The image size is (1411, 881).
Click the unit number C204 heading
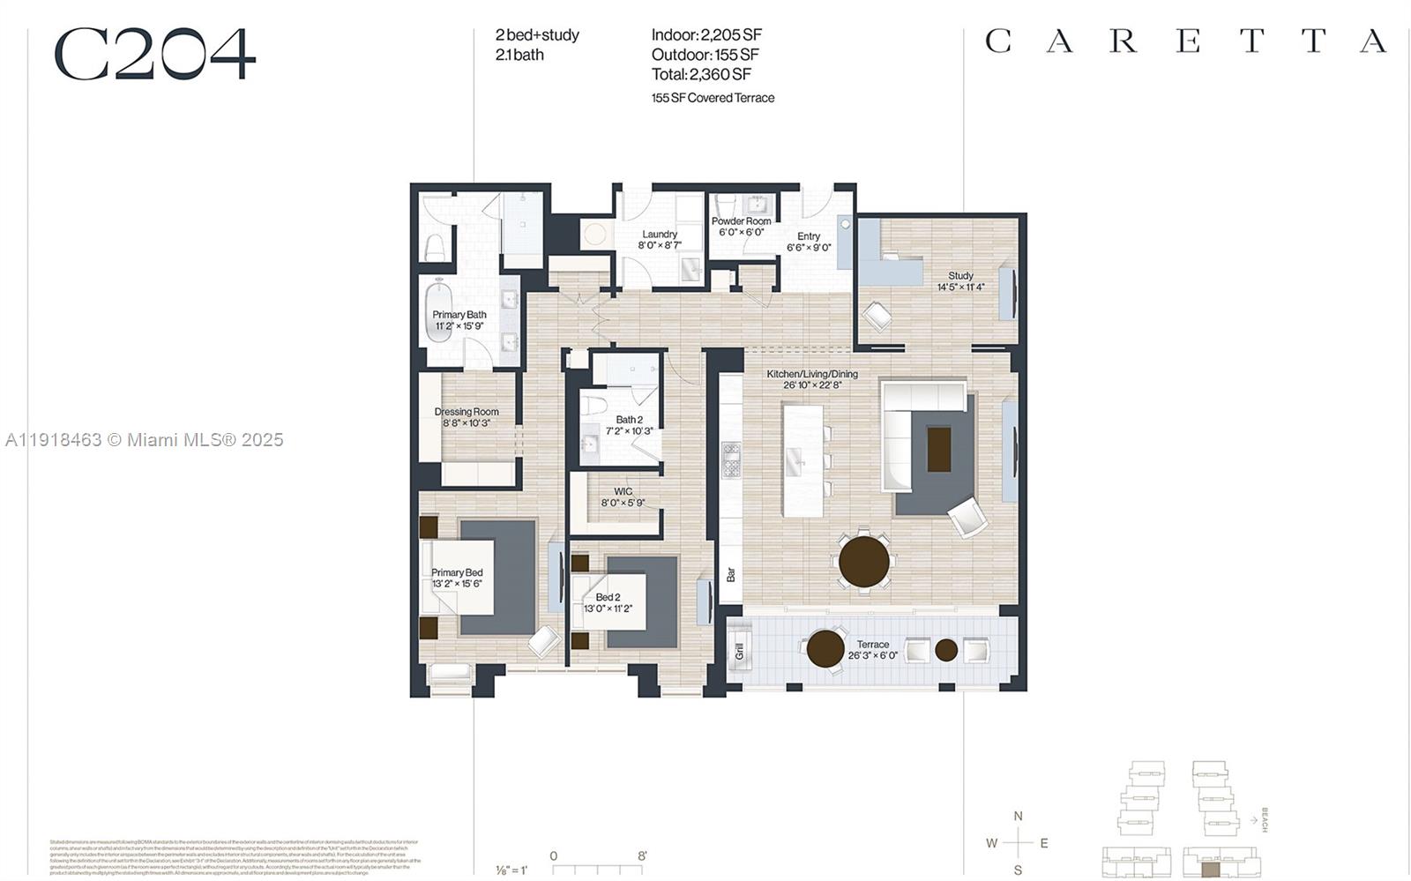(155, 55)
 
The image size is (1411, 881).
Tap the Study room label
(960, 276)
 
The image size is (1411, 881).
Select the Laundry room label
(660, 235)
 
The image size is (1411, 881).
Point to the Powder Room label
(741, 221)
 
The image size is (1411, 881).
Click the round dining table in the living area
(863, 562)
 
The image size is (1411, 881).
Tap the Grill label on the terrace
(739, 652)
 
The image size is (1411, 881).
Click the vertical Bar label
(730, 575)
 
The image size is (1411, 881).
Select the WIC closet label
(623, 492)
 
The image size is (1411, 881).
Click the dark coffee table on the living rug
(938, 449)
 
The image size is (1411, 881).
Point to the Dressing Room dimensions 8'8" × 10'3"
(466, 423)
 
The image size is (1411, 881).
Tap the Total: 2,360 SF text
(701, 74)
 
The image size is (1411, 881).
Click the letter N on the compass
(1018, 816)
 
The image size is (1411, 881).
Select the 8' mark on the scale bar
(642, 855)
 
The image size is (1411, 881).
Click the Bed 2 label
(607, 597)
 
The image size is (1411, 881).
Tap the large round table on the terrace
(825, 649)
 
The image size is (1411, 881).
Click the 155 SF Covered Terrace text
(713, 98)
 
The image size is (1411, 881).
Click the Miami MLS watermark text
(145, 439)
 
